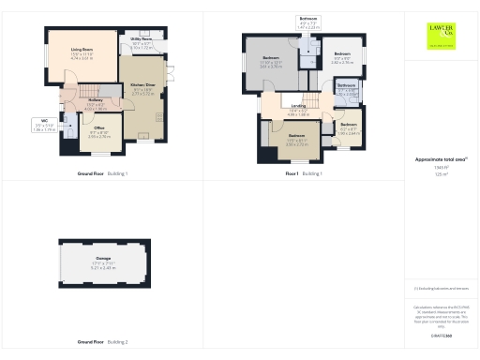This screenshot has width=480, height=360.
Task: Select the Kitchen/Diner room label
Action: [x=142, y=92]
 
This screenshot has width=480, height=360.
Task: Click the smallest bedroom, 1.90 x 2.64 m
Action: [x=349, y=129]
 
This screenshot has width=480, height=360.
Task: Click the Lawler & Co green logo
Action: [x=439, y=35]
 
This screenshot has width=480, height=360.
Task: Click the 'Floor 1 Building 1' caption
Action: [x=305, y=174]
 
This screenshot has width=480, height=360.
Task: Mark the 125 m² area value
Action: [x=440, y=175]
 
